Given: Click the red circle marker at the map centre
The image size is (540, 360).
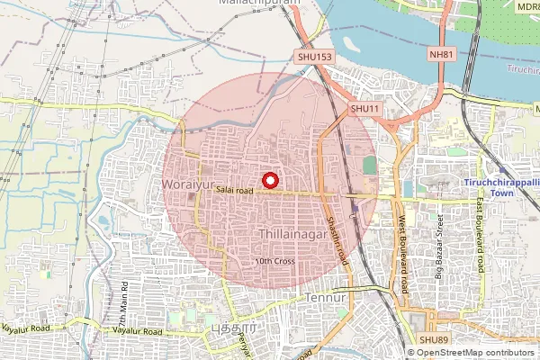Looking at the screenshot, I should pyautogui.click(x=268, y=179).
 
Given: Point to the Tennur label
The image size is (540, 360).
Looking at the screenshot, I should pyautogui.click(x=326, y=297).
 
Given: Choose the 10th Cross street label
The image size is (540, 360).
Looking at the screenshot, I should pyautogui.click(x=275, y=261).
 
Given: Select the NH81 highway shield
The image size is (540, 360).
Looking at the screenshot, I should pyautogui.click(x=442, y=55).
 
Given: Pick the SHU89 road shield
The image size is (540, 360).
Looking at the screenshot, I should pyautogui.click(x=431, y=339).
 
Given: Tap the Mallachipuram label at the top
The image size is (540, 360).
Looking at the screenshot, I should pyautogui.click(x=259, y=4).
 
